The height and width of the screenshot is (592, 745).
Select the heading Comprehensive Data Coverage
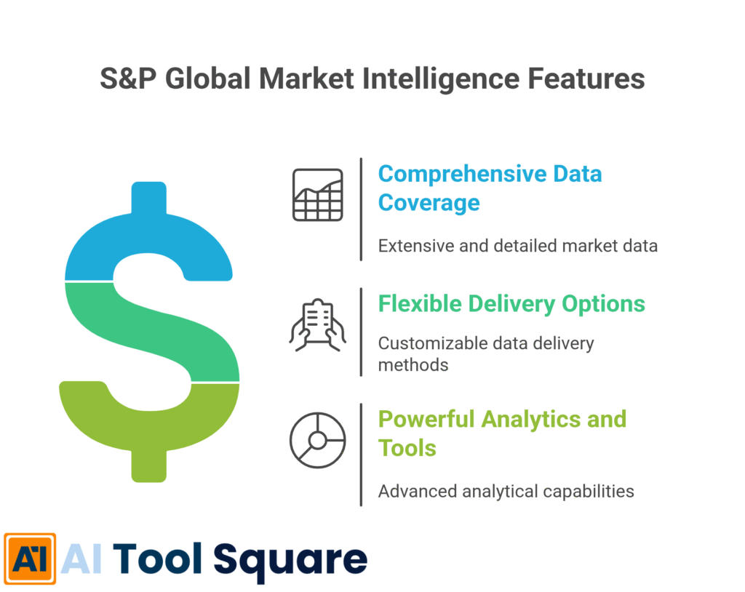click(x=490, y=188)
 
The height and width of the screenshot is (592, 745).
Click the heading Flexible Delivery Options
click(x=511, y=303)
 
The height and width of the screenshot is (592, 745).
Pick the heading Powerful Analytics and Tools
click(x=501, y=433)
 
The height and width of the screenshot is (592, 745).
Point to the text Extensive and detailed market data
click(x=517, y=246)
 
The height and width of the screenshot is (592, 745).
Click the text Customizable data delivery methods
click(x=485, y=353)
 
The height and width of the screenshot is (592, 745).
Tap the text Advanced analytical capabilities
click(x=506, y=491)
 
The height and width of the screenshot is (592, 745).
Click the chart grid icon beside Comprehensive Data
click(x=317, y=195)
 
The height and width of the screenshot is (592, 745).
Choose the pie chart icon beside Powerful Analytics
click(x=317, y=440)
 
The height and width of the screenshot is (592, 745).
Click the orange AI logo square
click(x=29, y=559)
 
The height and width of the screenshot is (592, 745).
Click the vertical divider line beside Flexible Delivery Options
click(x=361, y=331)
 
